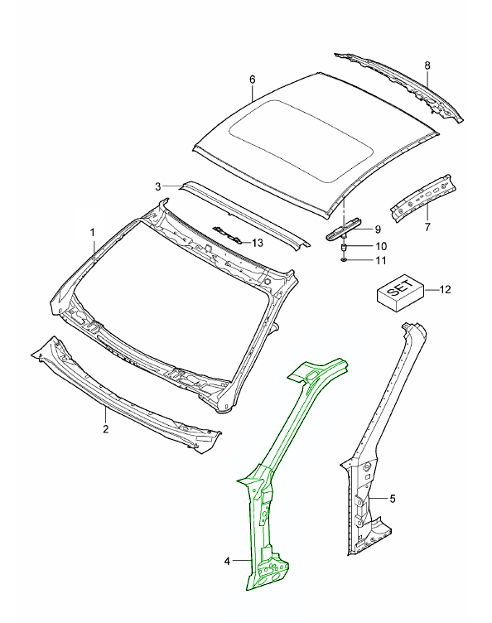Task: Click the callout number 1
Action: tap(93, 233)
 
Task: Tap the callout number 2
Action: tap(106, 429)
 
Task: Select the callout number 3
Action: tap(158, 186)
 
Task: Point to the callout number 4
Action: tap(227, 561)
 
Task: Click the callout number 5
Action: tap(393, 499)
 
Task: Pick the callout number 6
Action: tap(253, 80)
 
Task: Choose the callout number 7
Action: tap(427, 228)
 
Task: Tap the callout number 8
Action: tap(427, 65)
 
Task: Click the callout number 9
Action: tap(378, 229)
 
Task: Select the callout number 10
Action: tap(381, 246)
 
